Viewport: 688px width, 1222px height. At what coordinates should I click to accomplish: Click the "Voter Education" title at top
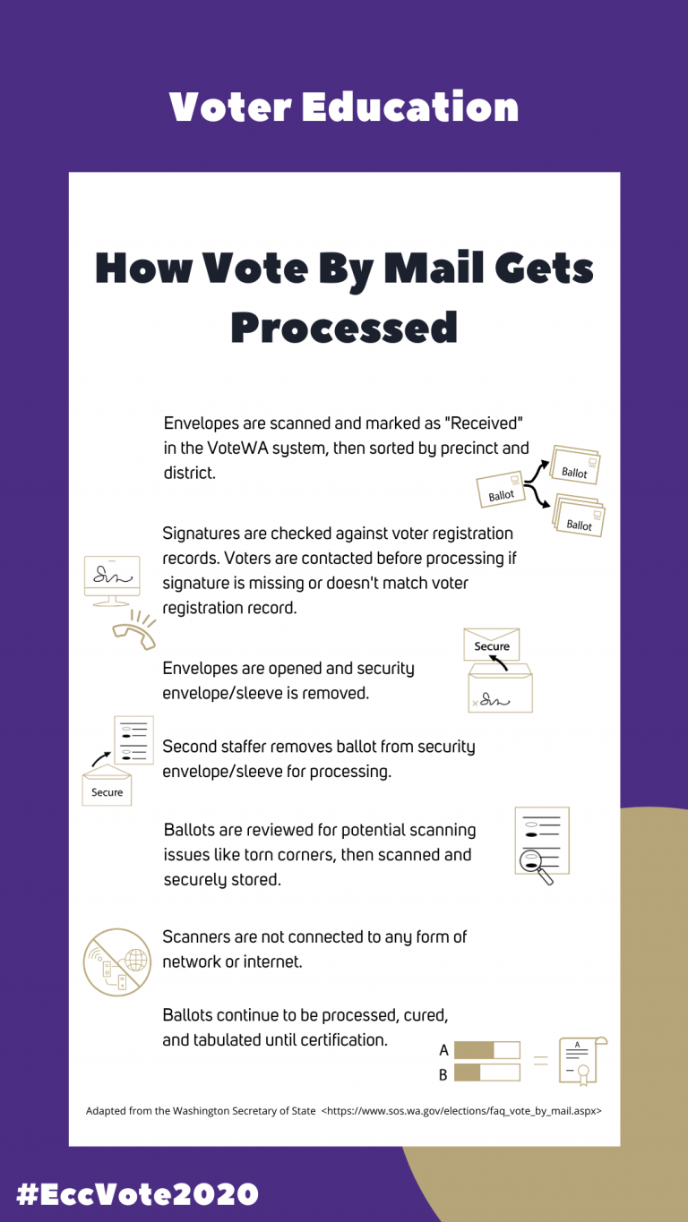(x=344, y=107)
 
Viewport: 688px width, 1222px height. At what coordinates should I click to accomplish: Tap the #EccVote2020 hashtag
(x=137, y=1193)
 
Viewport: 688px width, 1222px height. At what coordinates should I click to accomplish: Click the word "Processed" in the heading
(x=344, y=327)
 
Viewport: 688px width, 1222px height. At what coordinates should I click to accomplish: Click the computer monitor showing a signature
(x=112, y=577)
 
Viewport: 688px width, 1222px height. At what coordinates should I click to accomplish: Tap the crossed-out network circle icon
(x=117, y=961)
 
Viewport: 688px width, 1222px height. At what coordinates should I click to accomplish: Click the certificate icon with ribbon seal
(x=580, y=1060)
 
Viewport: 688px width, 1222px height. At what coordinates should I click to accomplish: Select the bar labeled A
(x=486, y=1050)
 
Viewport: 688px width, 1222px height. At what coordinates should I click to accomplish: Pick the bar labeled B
(x=486, y=1072)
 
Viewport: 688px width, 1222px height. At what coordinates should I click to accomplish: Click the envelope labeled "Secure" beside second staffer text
(x=107, y=786)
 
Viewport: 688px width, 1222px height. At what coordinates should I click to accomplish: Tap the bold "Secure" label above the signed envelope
(x=492, y=646)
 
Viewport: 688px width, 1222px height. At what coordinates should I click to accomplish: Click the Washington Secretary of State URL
(x=461, y=1111)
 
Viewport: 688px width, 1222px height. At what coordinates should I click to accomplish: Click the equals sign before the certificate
(x=540, y=1061)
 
